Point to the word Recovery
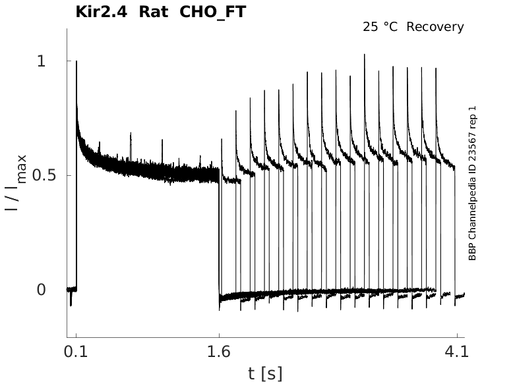click(435, 27)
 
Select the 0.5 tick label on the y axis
click(42, 176)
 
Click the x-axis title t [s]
click(265, 373)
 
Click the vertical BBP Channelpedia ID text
click(472, 198)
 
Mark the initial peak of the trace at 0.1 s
click(76, 61)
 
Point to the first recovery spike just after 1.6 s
click(222, 140)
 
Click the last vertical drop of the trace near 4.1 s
click(455, 231)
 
